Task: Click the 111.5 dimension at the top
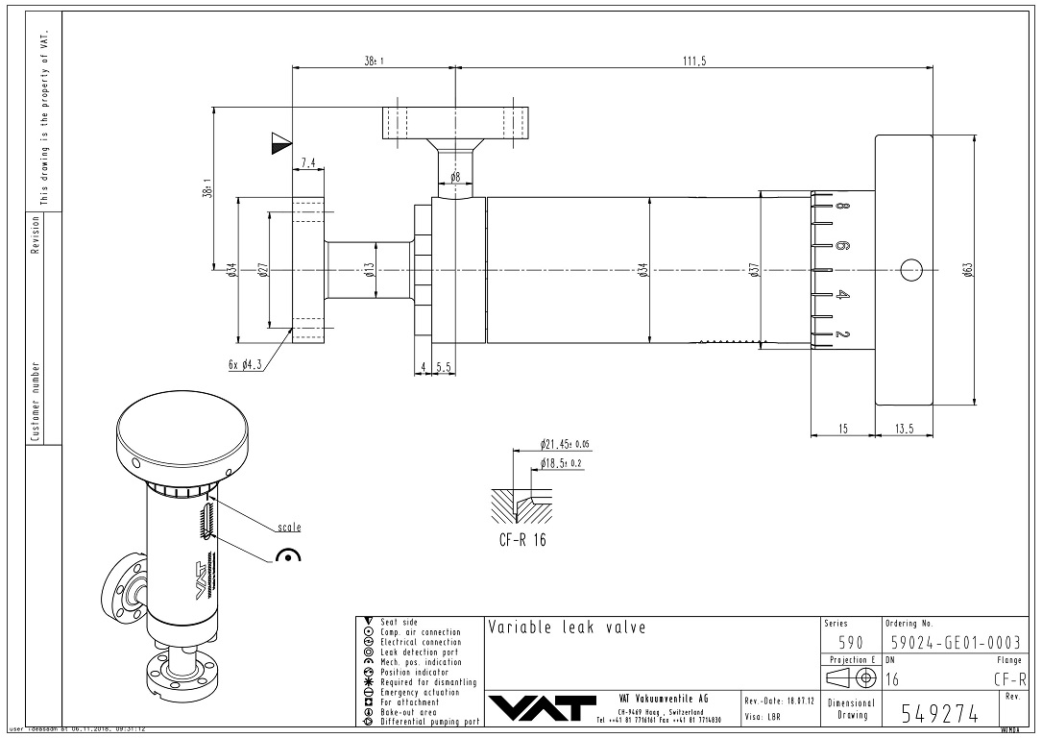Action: click(x=693, y=61)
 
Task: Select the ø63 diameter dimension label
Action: click(x=969, y=271)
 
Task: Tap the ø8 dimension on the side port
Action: click(x=455, y=177)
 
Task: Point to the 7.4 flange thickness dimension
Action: click(x=308, y=164)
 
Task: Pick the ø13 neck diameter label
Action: click(x=369, y=271)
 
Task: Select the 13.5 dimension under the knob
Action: click(x=904, y=430)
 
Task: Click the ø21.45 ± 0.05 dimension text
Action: click(x=565, y=445)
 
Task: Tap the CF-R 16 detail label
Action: click(x=522, y=539)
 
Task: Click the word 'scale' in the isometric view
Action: click(x=289, y=527)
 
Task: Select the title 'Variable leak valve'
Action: click(x=567, y=628)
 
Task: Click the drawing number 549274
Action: click(x=940, y=713)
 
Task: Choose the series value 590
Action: click(x=851, y=642)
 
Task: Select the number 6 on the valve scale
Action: click(x=840, y=246)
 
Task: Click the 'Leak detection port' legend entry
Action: click(x=420, y=653)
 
